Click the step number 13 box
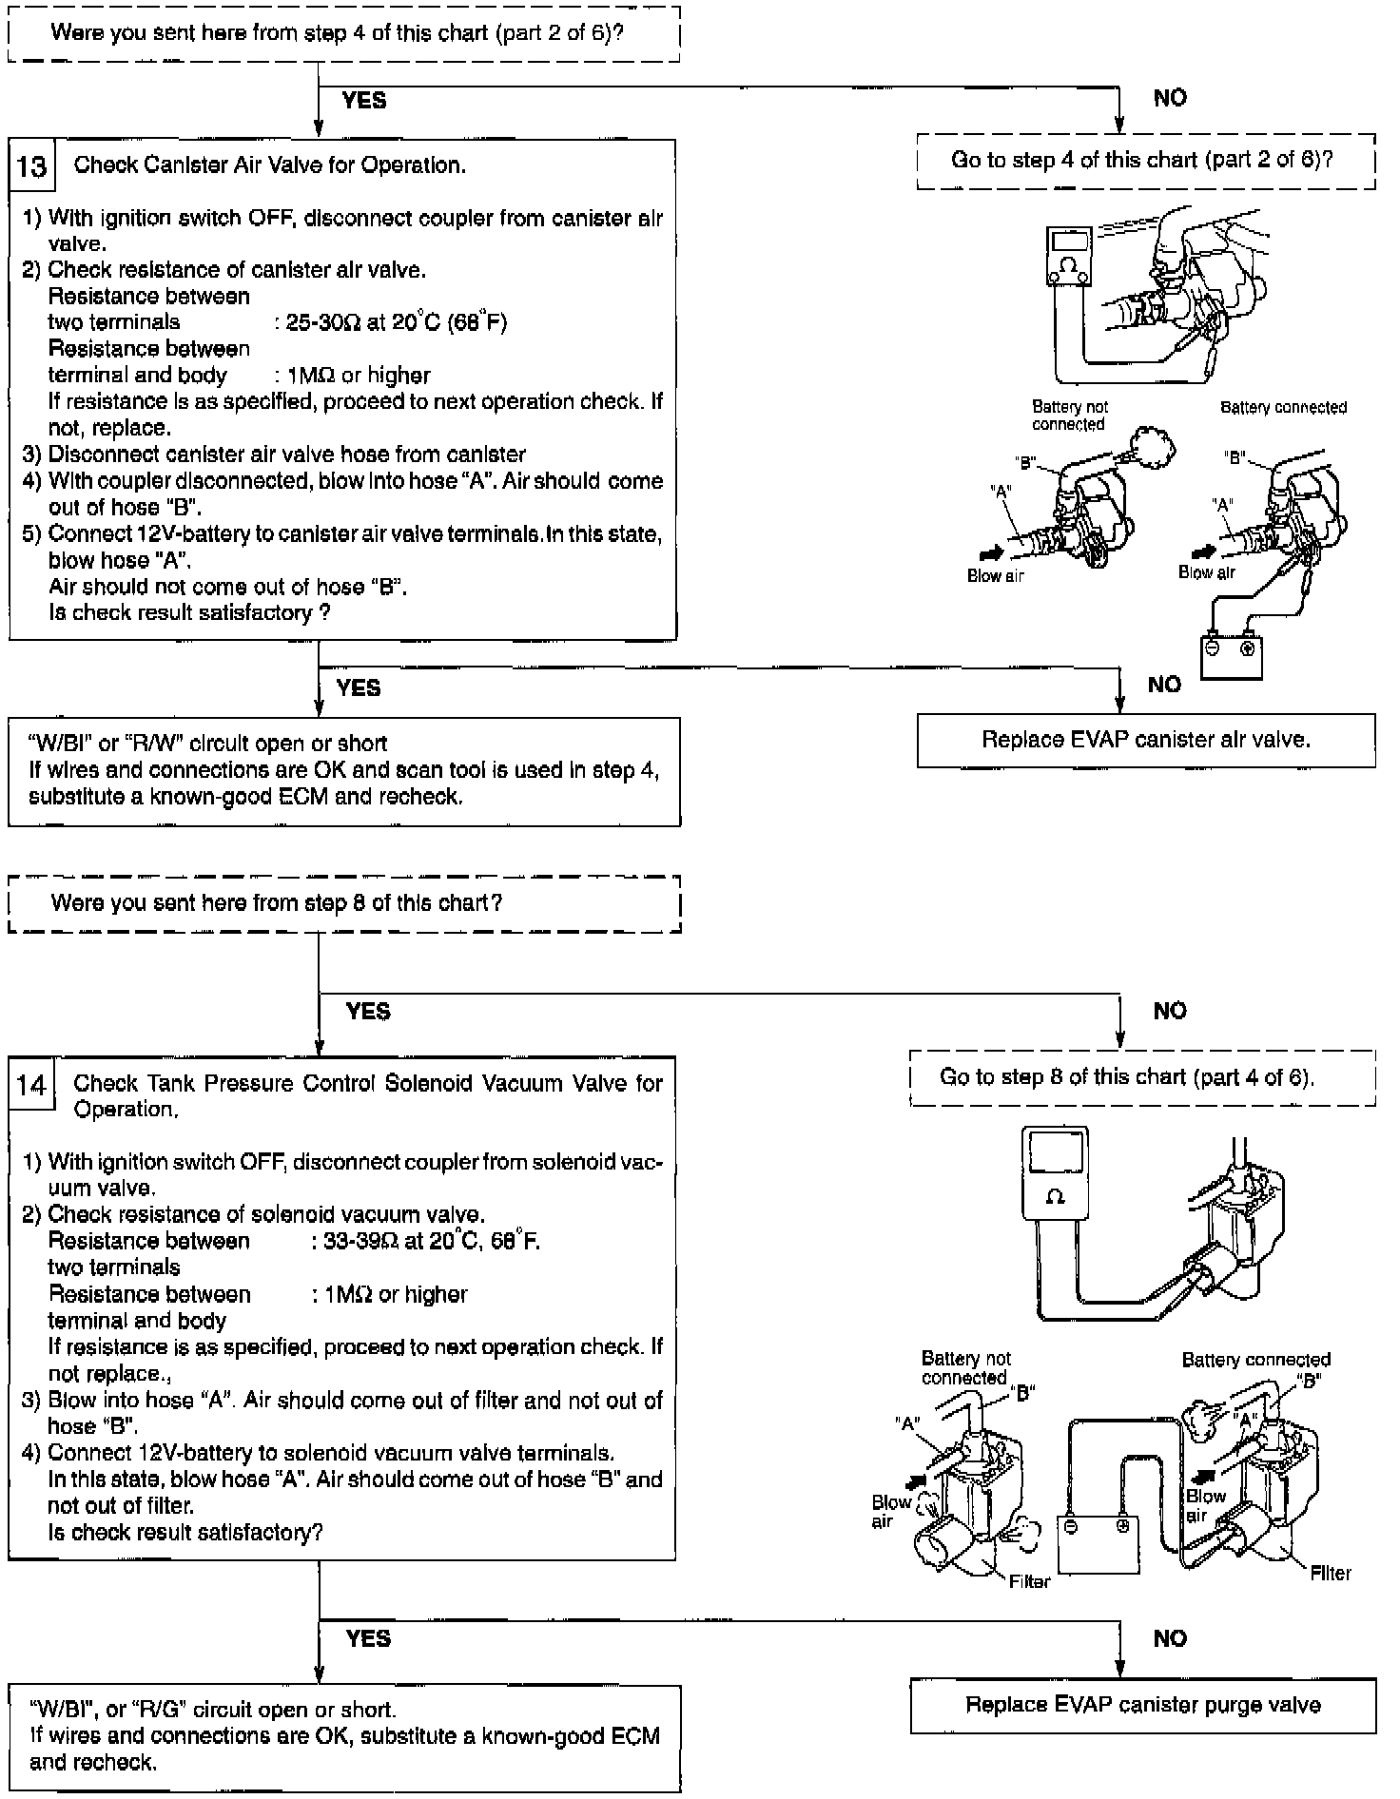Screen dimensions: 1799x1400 (x=31, y=166)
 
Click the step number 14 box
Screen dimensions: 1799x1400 (x=31, y=1085)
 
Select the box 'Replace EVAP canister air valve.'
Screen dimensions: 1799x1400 (x=1145, y=741)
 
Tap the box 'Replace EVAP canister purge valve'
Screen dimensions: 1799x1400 (x=1142, y=1705)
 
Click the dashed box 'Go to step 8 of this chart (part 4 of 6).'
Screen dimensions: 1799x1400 (x=1141, y=1077)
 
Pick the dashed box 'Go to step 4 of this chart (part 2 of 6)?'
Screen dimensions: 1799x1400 (x=1145, y=160)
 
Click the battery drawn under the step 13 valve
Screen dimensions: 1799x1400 (x=1231, y=654)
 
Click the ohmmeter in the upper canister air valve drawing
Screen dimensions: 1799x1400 (x=1070, y=255)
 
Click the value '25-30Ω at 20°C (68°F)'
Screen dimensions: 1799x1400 (x=397, y=323)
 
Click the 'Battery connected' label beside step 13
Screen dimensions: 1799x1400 (x=1283, y=408)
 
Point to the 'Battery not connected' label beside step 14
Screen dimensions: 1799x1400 (x=965, y=1367)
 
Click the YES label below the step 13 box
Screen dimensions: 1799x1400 (x=359, y=687)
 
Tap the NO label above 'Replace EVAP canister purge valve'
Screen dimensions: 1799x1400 (x=1170, y=1638)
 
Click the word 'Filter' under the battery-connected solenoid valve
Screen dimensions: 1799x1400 (x=1330, y=1573)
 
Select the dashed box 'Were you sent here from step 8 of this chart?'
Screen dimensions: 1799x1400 (x=344, y=903)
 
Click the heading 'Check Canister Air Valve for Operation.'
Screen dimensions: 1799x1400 (x=270, y=165)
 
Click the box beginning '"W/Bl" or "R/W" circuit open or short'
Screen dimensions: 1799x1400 (x=344, y=770)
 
